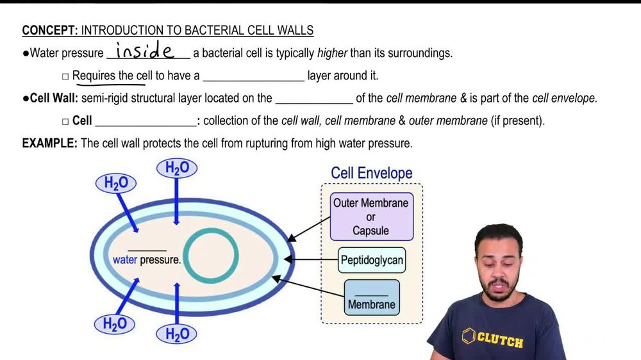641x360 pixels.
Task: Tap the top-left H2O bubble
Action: pos(116,183)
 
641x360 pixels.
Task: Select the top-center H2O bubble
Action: pos(177,168)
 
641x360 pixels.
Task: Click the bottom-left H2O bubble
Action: pos(116,324)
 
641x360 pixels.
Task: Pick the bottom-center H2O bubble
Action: pos(177,334)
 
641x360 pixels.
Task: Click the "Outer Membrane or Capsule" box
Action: pos(370,217)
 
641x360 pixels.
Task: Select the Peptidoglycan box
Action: pos(372,261)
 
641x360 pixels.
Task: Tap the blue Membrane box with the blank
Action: pos(372,298)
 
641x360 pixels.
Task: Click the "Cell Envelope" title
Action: pos(371,173)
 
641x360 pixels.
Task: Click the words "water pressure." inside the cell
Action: pos(147,260)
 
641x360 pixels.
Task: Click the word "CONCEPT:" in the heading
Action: pos(49,31)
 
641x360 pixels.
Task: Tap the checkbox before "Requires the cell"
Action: pos(65,76)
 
